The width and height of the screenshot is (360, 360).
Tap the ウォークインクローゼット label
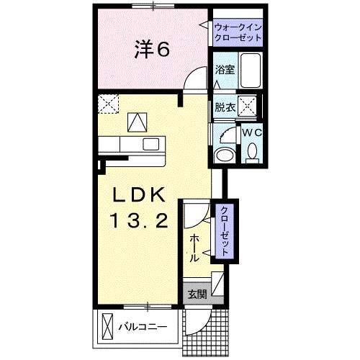coord(238,32)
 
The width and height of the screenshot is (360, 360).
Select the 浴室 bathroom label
coord(225,69)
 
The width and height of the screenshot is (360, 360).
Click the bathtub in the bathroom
coord(251,71)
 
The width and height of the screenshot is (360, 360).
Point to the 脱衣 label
coord(225,107)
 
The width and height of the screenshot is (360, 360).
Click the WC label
coord(251,132)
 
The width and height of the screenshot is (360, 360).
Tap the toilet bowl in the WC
coord(252,152)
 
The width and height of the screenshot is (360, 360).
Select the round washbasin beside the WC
coord(225,155)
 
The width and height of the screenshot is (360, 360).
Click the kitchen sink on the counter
coord(150,144)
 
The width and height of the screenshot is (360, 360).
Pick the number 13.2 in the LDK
coord(139,221)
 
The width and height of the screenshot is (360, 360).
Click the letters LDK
coord(139,194)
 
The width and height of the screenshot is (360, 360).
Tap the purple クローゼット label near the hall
coord(225,231)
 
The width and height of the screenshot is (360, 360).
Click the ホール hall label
coord(194,248)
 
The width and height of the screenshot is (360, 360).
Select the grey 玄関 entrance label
coord(197,294)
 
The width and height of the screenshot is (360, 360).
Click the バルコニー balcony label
coord(143,327)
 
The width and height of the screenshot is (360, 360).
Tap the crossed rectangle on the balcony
coord(107,326)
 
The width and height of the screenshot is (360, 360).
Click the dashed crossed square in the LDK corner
coord(109,104)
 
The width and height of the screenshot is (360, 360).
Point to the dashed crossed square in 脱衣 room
coord(248,106)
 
